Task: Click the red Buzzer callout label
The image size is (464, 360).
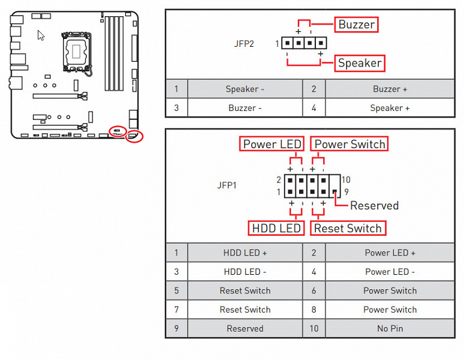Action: [x=356, y=25]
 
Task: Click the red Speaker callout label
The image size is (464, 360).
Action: [x=359, y=63]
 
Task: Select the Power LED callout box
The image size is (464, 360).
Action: [x=272, y=144]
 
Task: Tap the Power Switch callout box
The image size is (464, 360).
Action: [x=349, y=144]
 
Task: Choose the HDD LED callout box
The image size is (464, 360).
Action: [x=276, y=228]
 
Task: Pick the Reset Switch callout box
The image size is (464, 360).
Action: [x=348, y=228]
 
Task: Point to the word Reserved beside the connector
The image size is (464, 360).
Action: [x=374, y=206]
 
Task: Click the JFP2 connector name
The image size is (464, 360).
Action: [x=244, y=44]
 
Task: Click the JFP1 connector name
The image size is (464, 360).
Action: [x=227, y=185]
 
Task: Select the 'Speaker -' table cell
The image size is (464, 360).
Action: [x=245, y=89]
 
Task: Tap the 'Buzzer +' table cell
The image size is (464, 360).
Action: [x=390, y=89]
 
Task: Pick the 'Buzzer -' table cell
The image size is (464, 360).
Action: [x=245, y=108]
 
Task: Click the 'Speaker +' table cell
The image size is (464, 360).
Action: [x=390, y=108]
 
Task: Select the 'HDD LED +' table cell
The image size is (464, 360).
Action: [x=245, y=253]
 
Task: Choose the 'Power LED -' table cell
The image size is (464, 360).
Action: [x=390, y=272]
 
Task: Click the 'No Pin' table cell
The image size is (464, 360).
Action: [x=390, y=329]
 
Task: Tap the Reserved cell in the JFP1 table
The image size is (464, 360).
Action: [x=245, y=329]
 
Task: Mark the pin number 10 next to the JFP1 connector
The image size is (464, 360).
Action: [x=346, y=179]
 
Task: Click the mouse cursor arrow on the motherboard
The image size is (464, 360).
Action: [x=41, y=35]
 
